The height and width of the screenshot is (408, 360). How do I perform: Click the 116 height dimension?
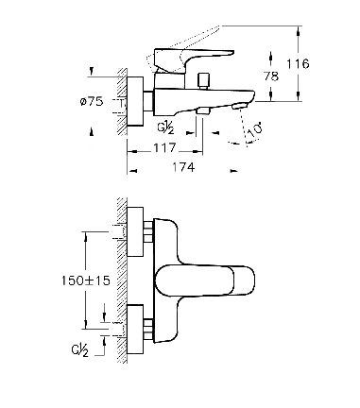(x=298, y=64)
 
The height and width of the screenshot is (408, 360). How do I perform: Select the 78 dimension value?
(x=271, y=76)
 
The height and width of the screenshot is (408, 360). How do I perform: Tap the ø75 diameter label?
(x=92, y=101)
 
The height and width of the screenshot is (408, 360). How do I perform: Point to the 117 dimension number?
(x=164, y=147)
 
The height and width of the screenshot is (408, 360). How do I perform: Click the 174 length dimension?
(x=183, y=167)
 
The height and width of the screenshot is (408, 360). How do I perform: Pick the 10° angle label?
(x=254, y=129)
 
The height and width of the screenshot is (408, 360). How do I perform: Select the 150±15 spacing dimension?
(x=86, y=280)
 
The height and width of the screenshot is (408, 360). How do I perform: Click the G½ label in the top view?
(x=165, y=127)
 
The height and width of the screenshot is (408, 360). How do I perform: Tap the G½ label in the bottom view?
(x=80, y=350)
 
